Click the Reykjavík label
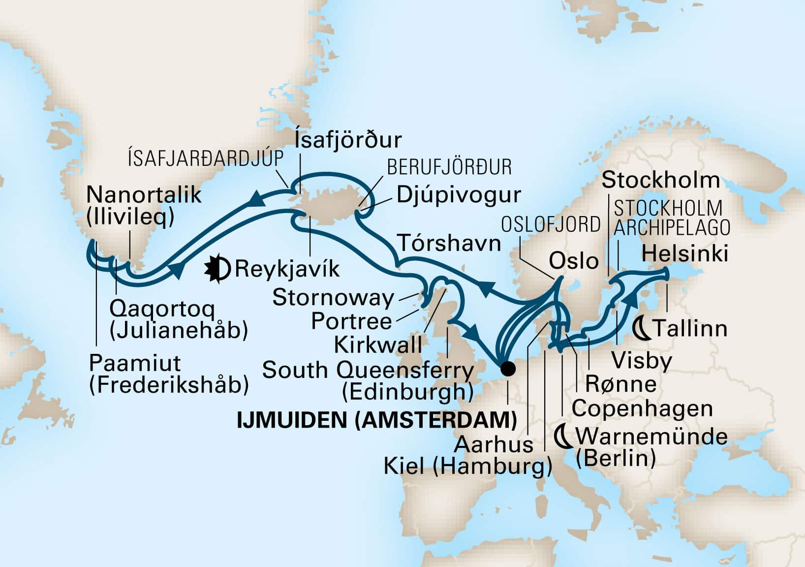pos(287,269)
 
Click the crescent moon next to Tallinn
pos(642,327)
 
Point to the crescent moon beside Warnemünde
pos(564,437)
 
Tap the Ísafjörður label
pos(348,140)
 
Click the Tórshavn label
pos(449,243)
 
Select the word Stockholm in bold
pos(660,180)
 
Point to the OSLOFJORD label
pos(551,224)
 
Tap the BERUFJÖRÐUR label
pos(449,167)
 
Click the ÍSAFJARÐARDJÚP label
pos(206,159)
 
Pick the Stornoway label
pos(333,298)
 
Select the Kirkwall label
pos(378,345)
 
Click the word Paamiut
pos(135,363)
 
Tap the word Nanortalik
pos(144,195)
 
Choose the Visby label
pos(641,361)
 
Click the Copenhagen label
pos(642,409)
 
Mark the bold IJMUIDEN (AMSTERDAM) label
pos(377,420)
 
